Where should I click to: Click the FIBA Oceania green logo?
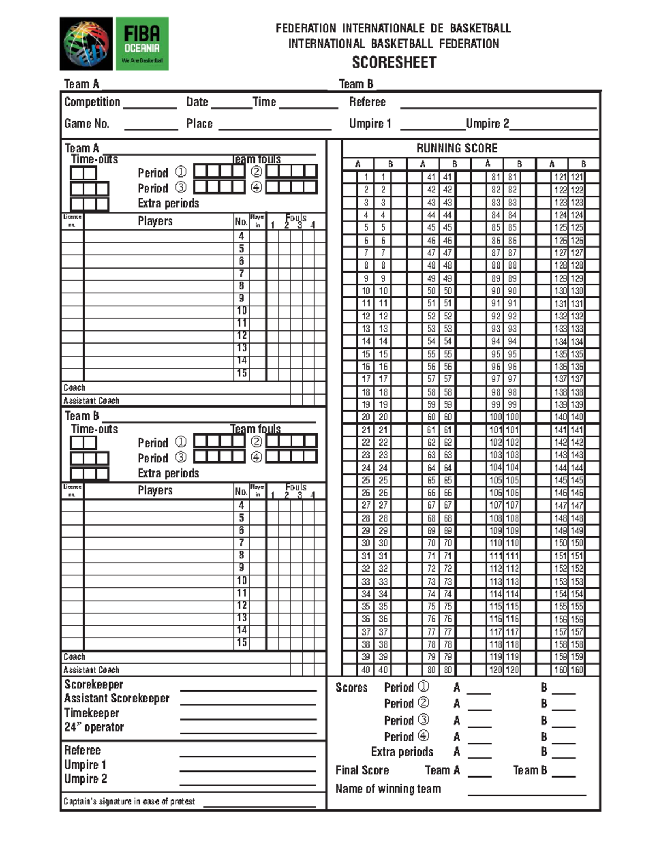[142, 44]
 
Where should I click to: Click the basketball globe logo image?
[86, 44]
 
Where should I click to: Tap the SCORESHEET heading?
[394, 62]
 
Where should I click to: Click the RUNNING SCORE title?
[457, 148]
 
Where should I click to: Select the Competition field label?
[92, 102]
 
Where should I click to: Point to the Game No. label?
[87, 123]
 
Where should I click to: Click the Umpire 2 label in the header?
[487, 123]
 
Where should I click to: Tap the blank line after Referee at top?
[498, 107]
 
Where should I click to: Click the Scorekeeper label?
[94, 684]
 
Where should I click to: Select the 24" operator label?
[94, 727]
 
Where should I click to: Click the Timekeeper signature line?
[248, 718]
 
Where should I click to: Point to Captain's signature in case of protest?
[129, 802]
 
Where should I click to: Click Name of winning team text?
[388, 789]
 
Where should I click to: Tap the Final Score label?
[362, 770]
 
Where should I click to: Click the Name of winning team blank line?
[526, 793]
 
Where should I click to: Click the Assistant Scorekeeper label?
[117, 699]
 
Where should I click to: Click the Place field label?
[199, 123]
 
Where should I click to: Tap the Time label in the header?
[264, 102]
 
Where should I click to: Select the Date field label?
[197, 102]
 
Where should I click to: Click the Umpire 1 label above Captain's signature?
[85, 765]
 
